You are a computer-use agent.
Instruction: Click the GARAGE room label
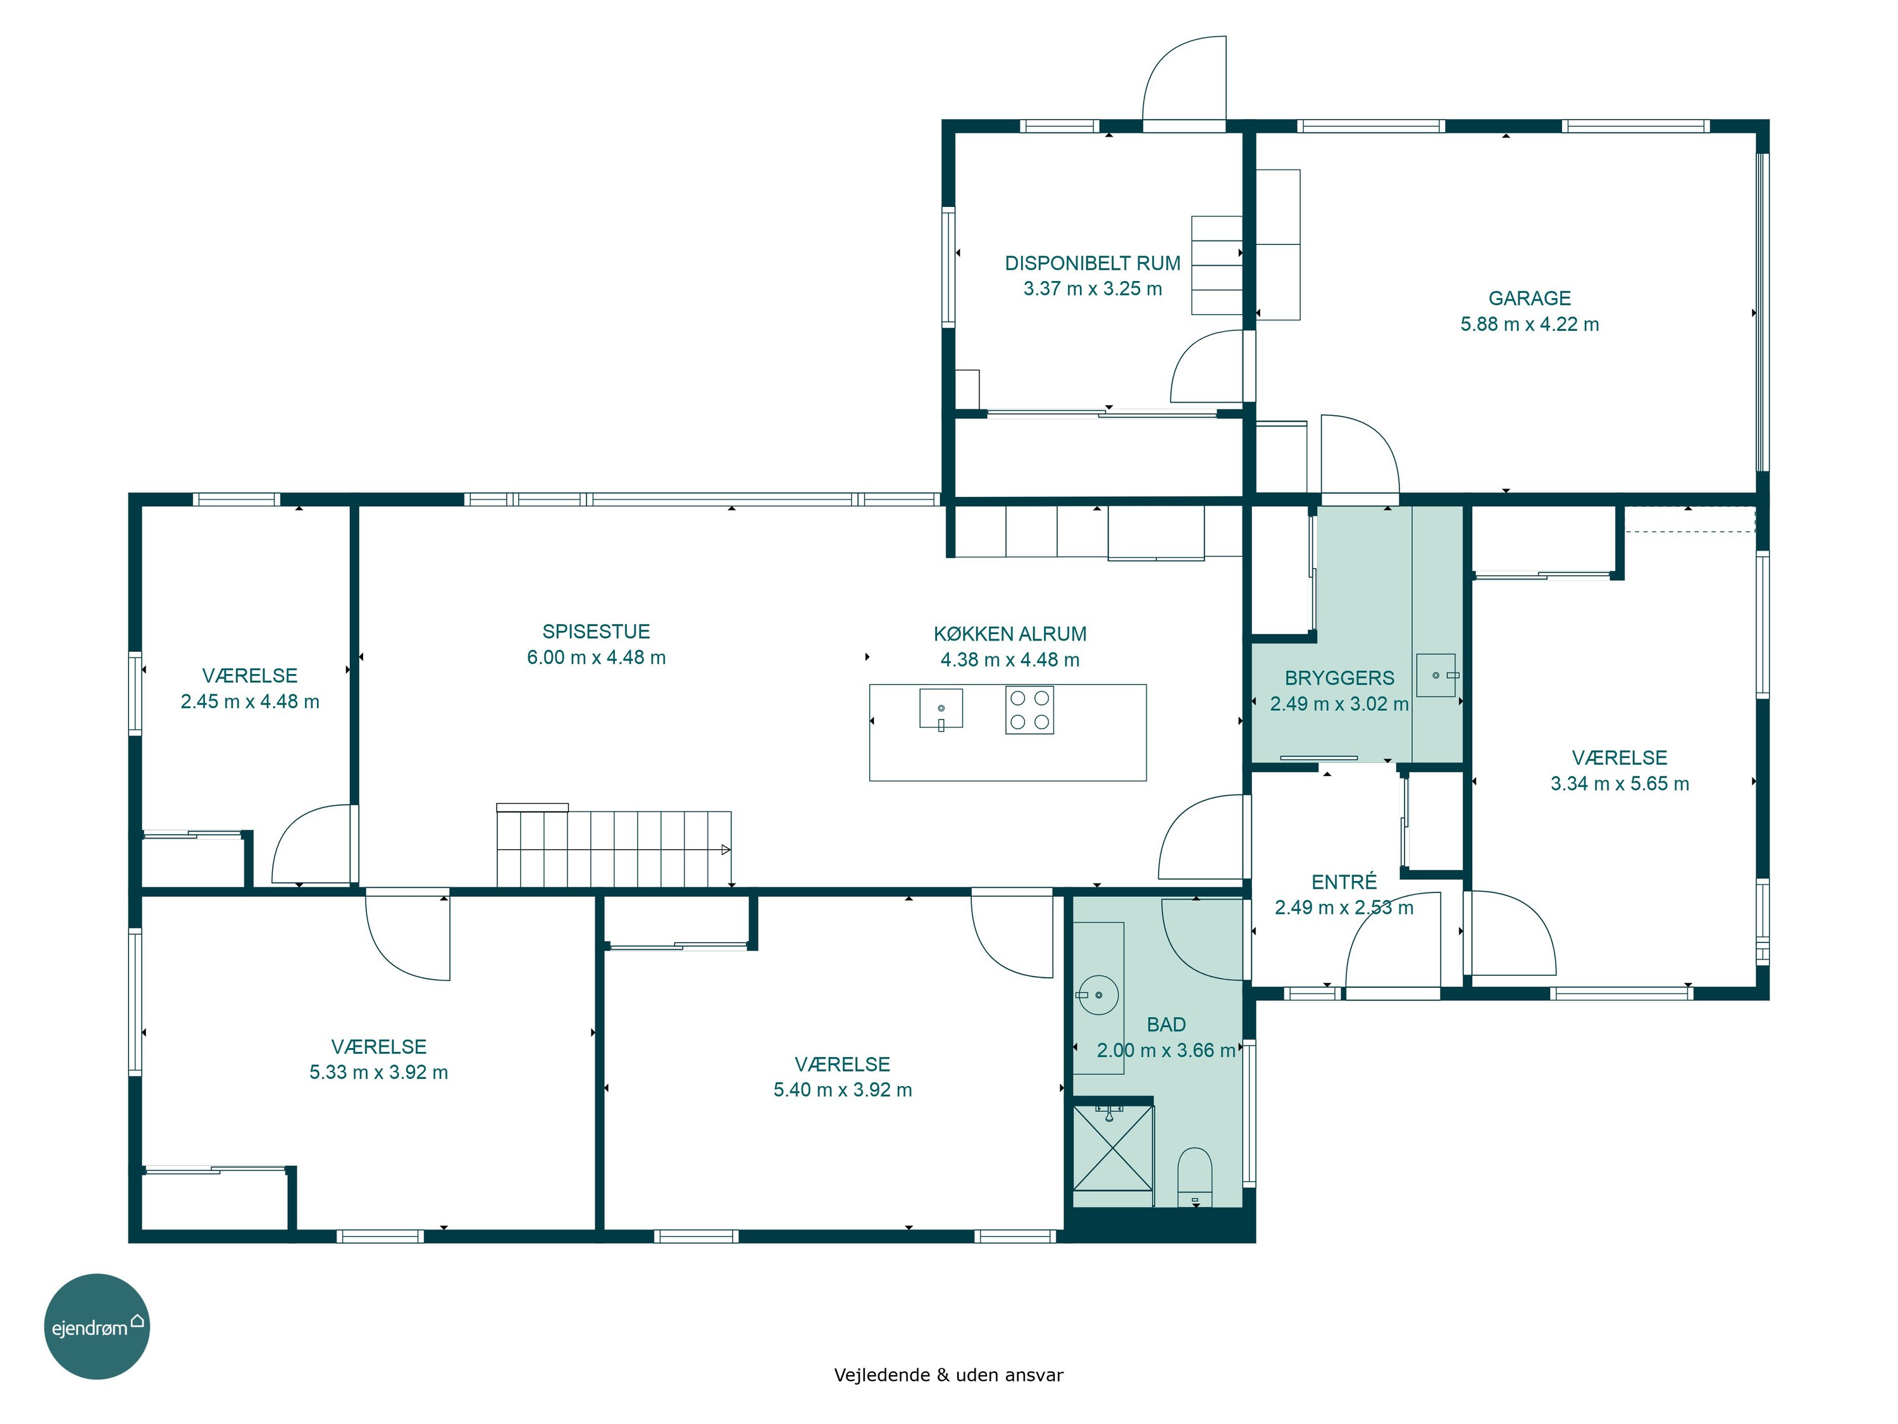coord(1529,298)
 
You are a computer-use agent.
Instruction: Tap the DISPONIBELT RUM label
coord(1092,263)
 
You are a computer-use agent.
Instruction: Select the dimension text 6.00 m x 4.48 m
coord(597,658)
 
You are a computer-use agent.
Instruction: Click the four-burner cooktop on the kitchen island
coord(1029,710)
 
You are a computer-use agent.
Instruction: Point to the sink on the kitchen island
coord(941,709)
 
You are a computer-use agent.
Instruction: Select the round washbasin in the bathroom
coord(1098,995)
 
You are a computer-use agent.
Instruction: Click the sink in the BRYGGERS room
coord(1436,675)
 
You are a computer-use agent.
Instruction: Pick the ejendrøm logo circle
coord(97,1327)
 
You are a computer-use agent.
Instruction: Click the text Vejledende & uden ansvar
coord(948,1375)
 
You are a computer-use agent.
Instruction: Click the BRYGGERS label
coord(1339,678)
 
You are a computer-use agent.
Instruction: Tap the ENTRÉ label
coord(1344,882)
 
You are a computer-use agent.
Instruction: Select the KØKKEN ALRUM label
coord(1010,634)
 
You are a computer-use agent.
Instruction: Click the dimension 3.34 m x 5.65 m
coord(1620,784)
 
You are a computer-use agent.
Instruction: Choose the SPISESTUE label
coord(597,632)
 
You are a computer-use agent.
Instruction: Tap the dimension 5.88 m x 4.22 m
coord(1530,325)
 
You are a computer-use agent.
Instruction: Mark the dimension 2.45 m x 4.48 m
coord(250,702)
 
